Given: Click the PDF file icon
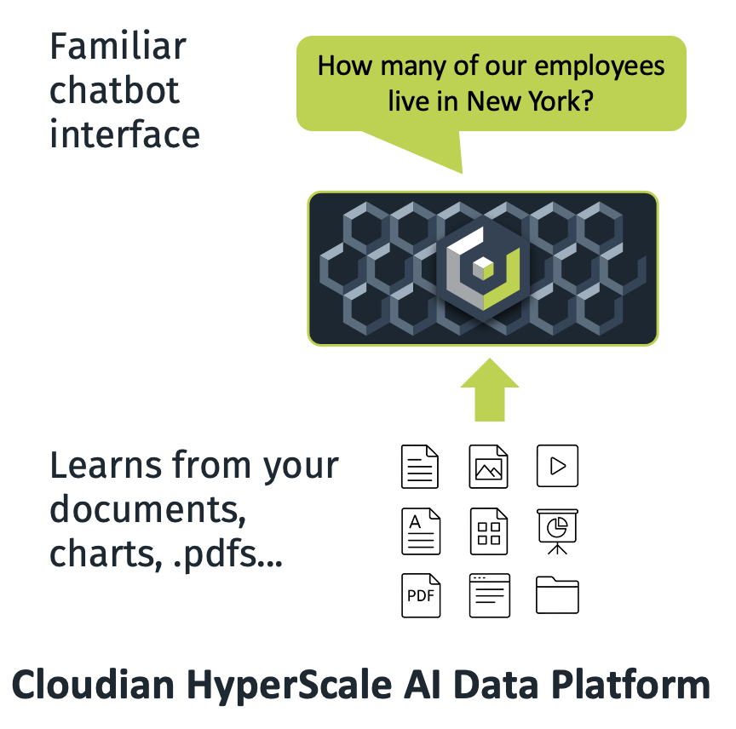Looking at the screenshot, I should (x=421, y=594).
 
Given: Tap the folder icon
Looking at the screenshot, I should (x=557, y=594).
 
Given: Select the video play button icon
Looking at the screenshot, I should (x=557, y=466).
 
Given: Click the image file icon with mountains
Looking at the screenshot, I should (x=489, y=466).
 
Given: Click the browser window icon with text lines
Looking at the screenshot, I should (x=489, y=594).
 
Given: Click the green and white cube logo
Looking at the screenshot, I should (x=482, y=267).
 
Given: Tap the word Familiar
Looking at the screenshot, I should (x=118, y=46).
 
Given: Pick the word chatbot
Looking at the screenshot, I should (x=114, y=90).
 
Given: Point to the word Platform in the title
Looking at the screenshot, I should (x=629, y=685).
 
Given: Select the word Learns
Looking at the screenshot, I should (x=106, y=465).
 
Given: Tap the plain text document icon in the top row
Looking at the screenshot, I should (x=421, y=466).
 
